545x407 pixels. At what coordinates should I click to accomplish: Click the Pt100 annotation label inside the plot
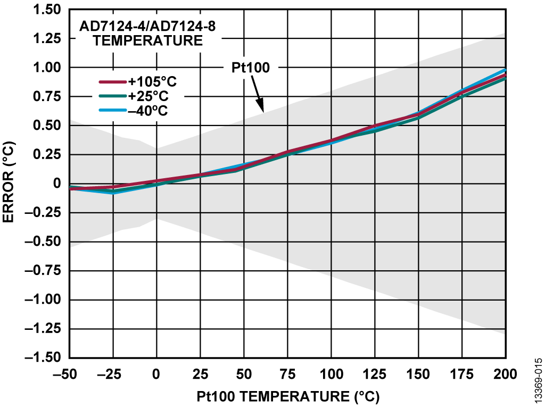tap(251, 68)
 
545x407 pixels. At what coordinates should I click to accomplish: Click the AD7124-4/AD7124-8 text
tap(147, 26)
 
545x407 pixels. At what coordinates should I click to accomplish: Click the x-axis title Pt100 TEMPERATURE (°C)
tap(288, 396)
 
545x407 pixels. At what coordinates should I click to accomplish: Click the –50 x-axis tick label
tap(69, 374)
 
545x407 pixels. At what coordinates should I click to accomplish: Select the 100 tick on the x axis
tap(331, 374)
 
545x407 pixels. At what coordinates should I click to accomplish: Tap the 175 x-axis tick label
tap(461, 374)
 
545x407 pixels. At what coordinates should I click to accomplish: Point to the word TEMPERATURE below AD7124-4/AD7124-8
tap(148, 40)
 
